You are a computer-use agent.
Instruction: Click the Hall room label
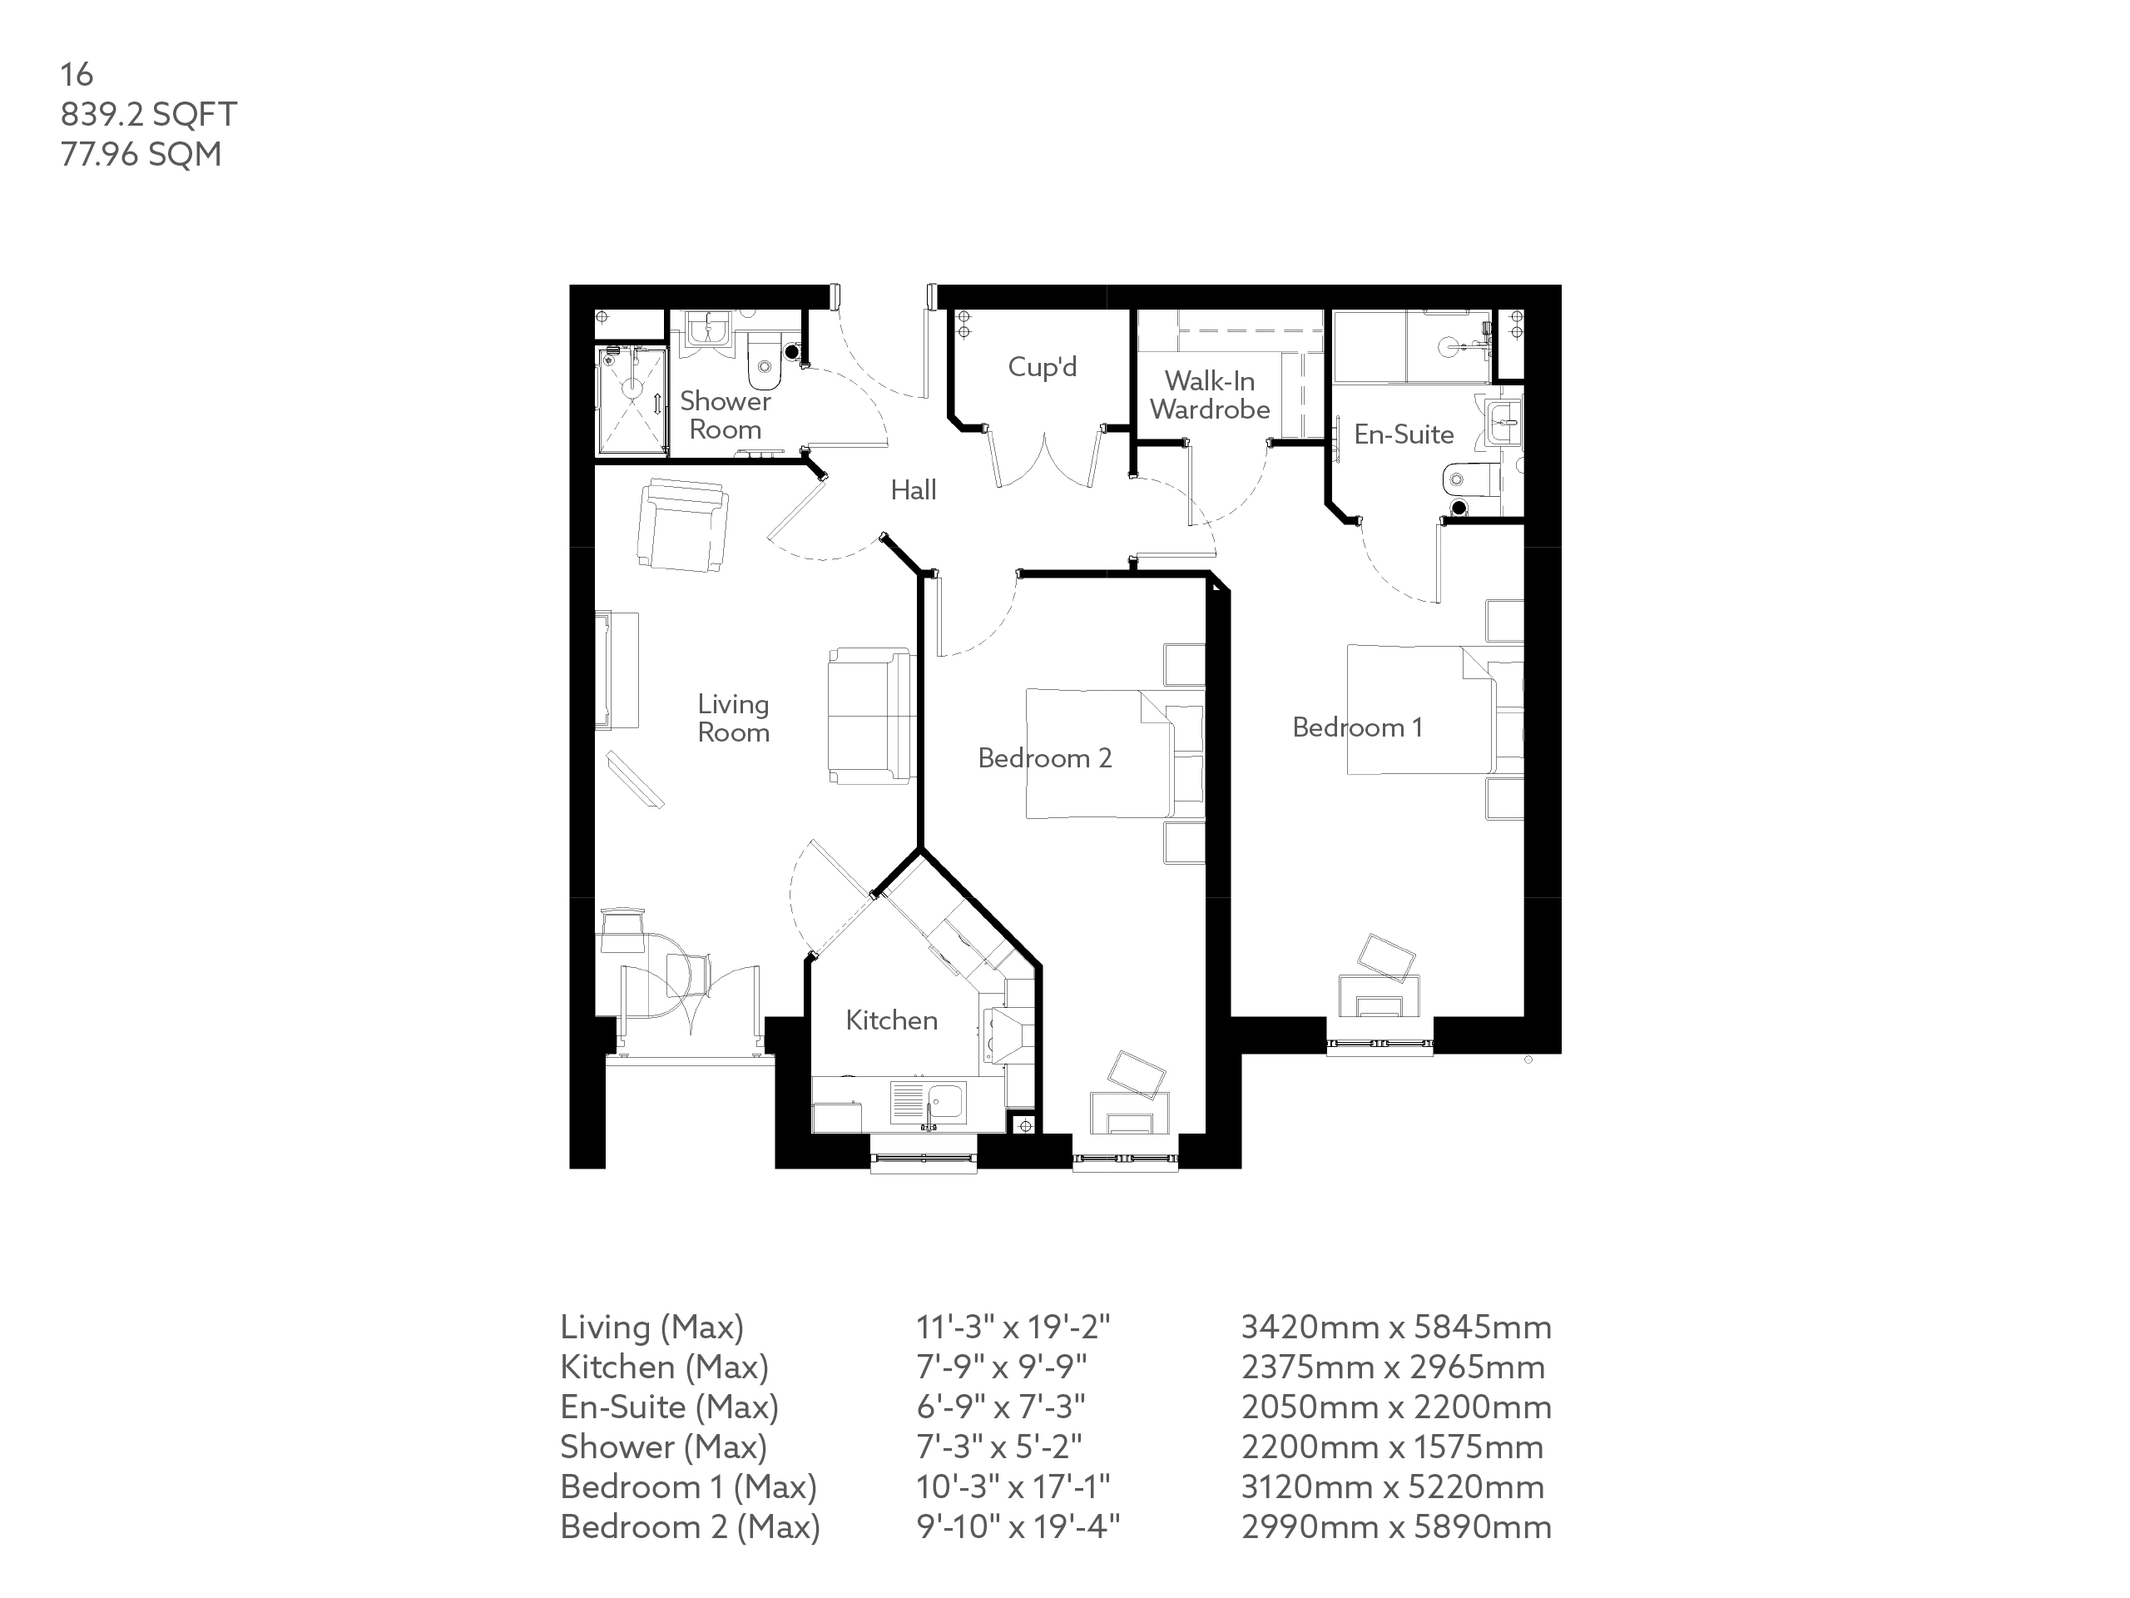(913, 490)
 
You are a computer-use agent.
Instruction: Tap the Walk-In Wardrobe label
(1210, 396)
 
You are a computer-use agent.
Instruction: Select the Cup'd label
(1042, 367)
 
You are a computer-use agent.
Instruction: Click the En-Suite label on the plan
(1403, 434)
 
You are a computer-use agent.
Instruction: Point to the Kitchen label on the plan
(891, 1020)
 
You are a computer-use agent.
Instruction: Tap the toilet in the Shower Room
(765, 356)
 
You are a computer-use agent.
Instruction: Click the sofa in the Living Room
(869, 715)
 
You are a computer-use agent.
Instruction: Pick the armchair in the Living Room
(681, 526)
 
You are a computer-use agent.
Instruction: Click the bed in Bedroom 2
(1097, 753)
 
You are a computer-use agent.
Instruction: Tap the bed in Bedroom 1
(1420, 709)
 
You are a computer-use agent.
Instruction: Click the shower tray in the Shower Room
(631, 399)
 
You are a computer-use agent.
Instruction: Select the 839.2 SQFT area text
(148, 115)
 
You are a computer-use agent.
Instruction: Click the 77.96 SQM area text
(141, 154)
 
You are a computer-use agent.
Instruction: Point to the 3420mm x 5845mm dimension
(1395, 1328)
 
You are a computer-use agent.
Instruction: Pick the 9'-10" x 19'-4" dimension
(1018, 1526)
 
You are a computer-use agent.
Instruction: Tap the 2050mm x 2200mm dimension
(1395, 1407)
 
